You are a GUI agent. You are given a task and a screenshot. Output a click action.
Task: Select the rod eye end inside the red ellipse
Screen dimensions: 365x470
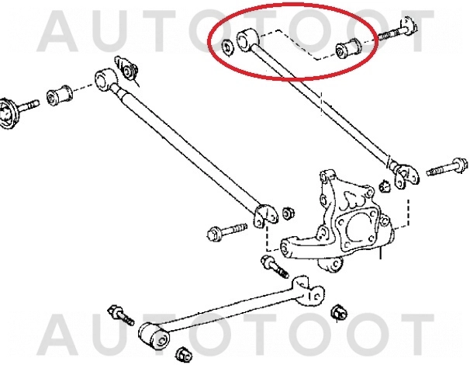pyautogui.click(x=247, y=40)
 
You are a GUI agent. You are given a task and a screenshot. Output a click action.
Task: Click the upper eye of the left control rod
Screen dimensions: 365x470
pyautogui.click(x=105, y=80)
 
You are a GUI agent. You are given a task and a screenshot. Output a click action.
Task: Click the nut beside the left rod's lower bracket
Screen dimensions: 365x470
pyautogui.click(x=288, y=212)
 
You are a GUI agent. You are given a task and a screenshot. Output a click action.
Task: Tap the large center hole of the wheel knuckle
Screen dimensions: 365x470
pyautogui.click(x=357, y=228)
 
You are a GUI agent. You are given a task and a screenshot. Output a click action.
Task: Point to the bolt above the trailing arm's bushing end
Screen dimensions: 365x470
pyautogui.click(x=121, y=314)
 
